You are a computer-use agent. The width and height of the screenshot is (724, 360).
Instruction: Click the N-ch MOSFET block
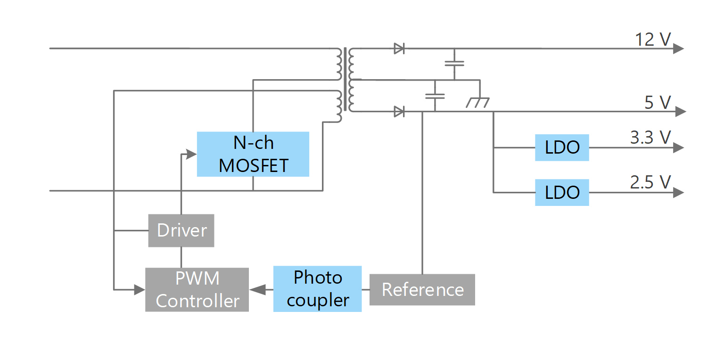(x=253, y=154)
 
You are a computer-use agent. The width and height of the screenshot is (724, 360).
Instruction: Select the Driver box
(x=181, y=230)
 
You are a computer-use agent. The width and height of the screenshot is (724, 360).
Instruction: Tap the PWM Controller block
(x=197, y=289)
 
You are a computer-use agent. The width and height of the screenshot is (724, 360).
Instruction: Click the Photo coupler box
(x=317, y=289)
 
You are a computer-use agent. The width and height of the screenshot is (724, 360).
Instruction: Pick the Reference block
(x=422, y=289)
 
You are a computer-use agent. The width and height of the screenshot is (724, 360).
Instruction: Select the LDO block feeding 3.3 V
(x=561, y=147)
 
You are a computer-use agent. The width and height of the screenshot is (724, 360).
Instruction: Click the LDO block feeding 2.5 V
(x=561, y=192)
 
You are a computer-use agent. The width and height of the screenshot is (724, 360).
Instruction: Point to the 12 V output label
(x=652, y=40)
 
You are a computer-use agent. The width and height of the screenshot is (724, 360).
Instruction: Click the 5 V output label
(x=657, y=102)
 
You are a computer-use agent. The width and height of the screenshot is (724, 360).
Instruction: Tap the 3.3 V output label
(x=650, y=137)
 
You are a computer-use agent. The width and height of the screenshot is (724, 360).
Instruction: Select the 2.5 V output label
(x=650, y=181)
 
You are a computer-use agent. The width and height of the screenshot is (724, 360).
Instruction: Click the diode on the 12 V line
(x=399, y=48)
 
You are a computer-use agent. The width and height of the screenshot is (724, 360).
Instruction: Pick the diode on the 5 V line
(x=399, y=112)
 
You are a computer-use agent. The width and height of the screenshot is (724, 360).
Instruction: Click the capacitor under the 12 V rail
(x=454, y=64)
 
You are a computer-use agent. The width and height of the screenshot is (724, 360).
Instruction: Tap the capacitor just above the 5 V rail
(x=435, y=96)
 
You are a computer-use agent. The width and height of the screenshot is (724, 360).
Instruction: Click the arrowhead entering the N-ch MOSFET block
(x=191, y=154)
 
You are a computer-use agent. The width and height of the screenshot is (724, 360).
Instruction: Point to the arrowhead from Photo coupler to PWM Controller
(x=256, y=289)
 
